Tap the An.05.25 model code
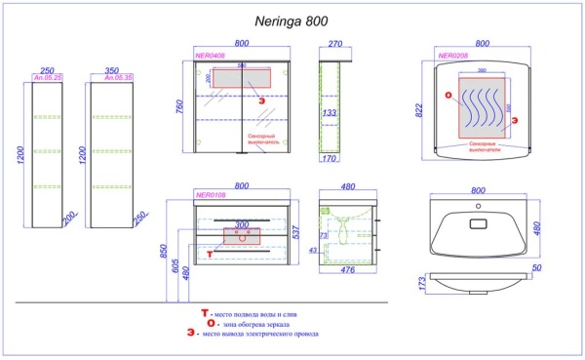47,78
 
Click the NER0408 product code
210,57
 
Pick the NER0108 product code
211,194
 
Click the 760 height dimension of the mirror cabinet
178,106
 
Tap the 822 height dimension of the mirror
420,112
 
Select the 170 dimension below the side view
330,158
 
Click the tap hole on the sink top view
478,208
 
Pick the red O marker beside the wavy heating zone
448,96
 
